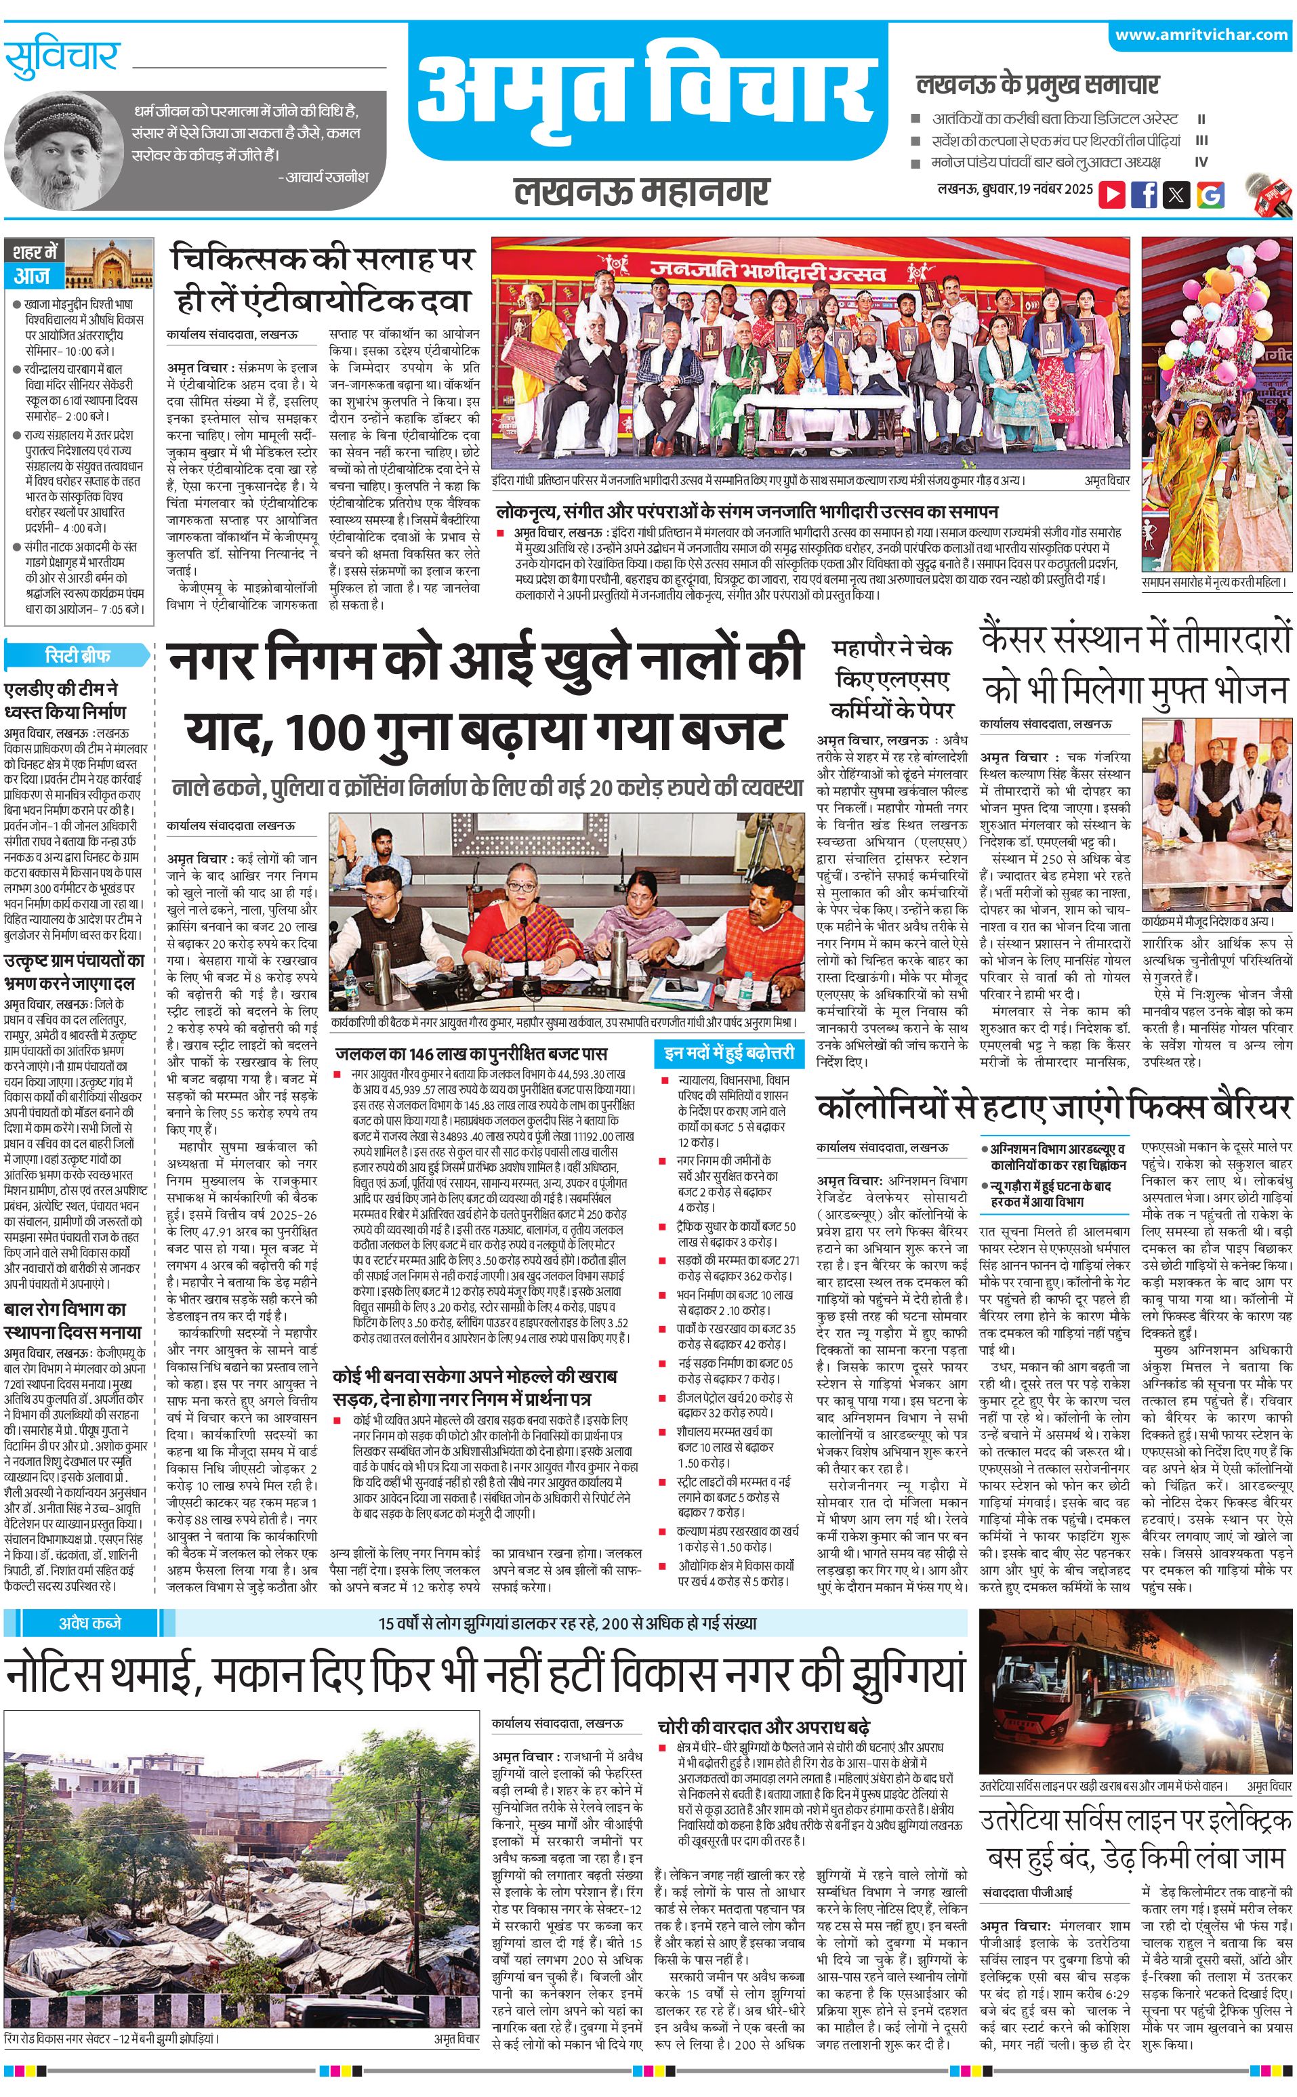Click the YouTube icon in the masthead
coord(1112,194)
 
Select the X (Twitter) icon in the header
coord(1176,194)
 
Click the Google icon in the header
coord(1210,194)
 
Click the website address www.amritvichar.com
coord(1201,35)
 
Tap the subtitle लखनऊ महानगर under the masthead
coord(642,191)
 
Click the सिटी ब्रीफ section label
coord(77,656)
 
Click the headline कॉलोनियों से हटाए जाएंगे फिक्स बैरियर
coord(1053,1107)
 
